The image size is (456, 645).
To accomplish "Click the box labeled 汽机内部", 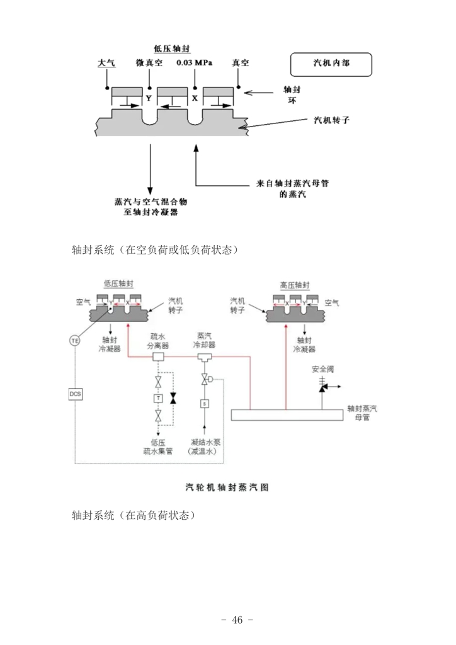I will pos(331,64).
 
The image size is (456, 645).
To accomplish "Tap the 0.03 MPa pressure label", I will pos(195,63).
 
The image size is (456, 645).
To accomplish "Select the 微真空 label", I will pos(149,63).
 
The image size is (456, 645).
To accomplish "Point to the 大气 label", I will pos(106,63).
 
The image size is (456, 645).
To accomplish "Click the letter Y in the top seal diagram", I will pos(149,98).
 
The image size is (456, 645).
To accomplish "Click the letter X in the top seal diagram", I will pos(195,98).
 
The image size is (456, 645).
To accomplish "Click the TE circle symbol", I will pos(75,340).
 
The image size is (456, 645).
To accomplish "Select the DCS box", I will pos(75,394).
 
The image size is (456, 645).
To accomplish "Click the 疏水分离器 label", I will pos(159,341).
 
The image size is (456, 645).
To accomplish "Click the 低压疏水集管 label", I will pos(159,447).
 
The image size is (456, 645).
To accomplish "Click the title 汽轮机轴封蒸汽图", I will pos(227,487).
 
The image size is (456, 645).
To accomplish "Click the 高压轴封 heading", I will pos(295,285).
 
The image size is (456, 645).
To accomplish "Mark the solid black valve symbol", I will pos(173,398).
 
